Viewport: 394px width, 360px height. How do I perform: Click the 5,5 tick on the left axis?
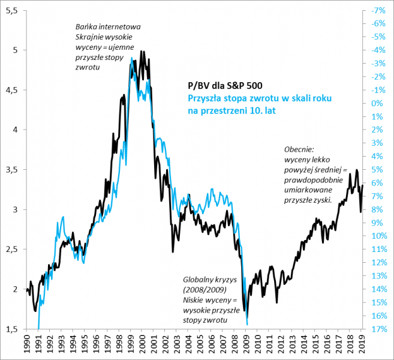click(12, 11)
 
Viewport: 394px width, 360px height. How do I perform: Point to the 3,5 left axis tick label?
click(12, 170)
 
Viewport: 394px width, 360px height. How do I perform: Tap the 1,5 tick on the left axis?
click(12, 329)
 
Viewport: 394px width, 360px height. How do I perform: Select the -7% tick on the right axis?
click(378, 11)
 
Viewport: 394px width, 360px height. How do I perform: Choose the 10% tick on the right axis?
click(379, 236)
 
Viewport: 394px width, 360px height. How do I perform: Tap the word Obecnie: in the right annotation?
click(299, 149)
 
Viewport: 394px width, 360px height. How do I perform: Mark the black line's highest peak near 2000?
click(142, 52)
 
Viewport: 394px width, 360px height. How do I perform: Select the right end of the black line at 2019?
click(362, 186)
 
